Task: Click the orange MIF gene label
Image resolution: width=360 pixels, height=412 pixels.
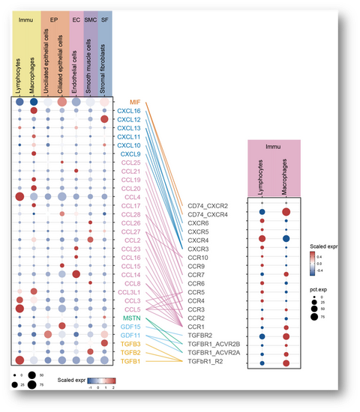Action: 135,102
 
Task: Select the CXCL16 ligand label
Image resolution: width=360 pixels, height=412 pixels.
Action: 129,111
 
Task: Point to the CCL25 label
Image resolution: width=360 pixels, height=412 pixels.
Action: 131,163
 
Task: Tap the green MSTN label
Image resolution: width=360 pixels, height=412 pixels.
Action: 132,318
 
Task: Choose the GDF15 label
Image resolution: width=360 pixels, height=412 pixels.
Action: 131,327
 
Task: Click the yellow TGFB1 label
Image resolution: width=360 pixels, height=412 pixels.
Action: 131,361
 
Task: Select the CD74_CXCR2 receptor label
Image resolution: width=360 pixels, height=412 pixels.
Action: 208,205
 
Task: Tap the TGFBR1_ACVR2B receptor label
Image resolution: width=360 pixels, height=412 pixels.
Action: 213,345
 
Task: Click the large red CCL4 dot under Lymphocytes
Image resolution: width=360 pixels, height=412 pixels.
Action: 19,197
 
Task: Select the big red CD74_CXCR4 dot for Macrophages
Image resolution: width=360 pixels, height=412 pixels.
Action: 286,213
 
